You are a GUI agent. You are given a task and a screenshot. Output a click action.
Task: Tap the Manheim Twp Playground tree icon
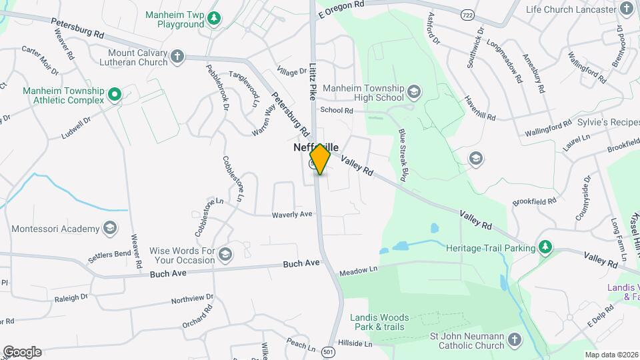213,18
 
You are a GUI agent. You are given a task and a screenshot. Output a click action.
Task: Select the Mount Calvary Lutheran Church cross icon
177,56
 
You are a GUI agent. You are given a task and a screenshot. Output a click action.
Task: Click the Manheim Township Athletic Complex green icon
115,95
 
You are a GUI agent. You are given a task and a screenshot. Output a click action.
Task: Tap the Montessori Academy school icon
109,229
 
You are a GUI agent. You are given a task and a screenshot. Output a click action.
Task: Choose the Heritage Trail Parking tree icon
546,248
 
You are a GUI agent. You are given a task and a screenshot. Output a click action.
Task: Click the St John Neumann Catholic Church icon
514,341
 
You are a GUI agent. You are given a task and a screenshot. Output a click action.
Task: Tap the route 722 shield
468,13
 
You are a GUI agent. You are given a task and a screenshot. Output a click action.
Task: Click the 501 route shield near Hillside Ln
327,351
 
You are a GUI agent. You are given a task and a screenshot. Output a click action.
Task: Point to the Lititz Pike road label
313,81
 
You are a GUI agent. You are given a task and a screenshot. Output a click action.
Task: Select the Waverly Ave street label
292,215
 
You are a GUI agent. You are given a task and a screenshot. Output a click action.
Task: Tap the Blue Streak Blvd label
402,155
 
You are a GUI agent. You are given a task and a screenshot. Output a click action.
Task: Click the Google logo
22,352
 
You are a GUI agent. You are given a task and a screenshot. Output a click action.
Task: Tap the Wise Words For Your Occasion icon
225,255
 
